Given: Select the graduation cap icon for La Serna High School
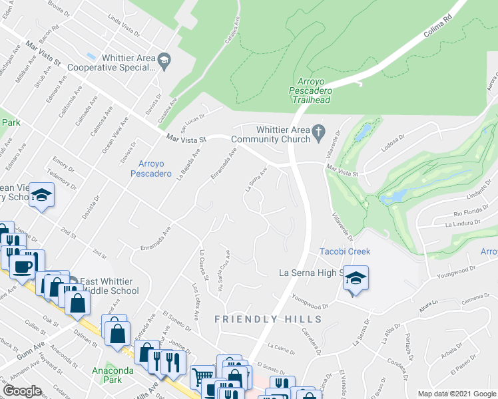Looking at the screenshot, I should coord(356,278).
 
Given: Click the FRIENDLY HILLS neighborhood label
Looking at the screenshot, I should coord(268,320).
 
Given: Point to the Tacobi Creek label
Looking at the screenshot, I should coord(344,251).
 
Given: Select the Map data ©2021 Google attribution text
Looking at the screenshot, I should coord(456,394).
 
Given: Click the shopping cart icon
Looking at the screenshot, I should coord(202,377).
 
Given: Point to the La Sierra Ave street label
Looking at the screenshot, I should coord(256,180).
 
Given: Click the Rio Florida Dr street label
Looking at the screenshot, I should coord(466,213).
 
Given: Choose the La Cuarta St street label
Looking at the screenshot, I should coord(204,264).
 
